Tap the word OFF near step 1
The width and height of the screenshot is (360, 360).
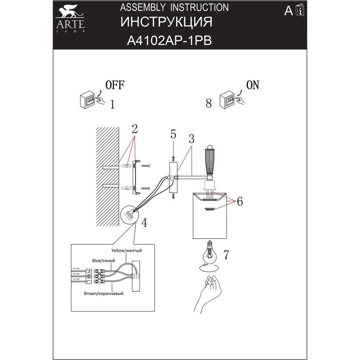click(115, 85)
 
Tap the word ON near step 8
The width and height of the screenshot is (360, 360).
click(253, 85)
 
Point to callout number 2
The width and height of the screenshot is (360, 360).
click(134, 128)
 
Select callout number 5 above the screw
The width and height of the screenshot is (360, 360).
click(173, 134)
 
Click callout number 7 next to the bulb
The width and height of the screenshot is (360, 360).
click(226, 255)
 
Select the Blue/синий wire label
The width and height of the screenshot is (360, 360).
click(103, 260)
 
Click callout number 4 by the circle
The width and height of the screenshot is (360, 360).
click(144, 223)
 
